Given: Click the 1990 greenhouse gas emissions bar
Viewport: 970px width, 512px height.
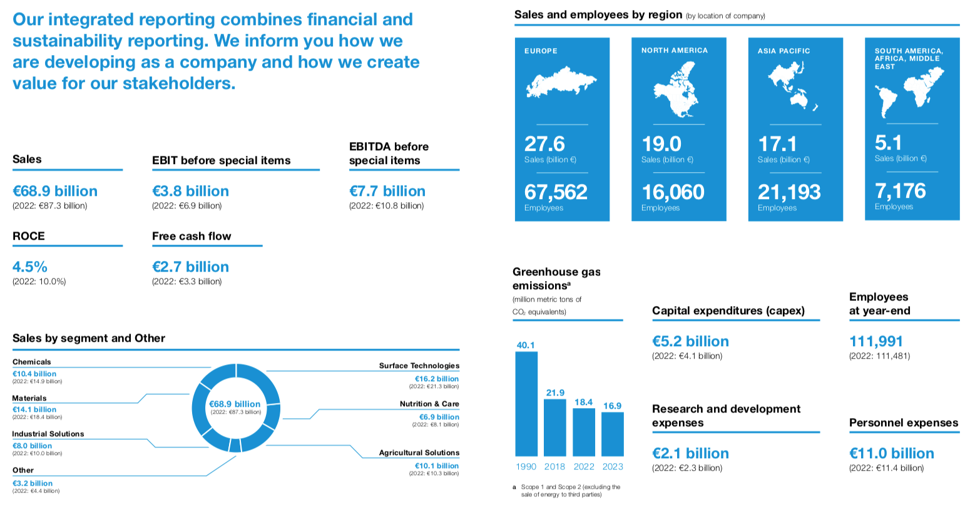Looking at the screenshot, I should point(526,404).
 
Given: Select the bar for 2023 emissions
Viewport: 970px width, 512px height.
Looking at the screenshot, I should point(613,434).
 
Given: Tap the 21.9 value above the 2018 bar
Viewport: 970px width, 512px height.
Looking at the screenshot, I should point(555,393).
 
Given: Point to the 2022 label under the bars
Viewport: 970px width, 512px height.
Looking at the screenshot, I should point(584,466).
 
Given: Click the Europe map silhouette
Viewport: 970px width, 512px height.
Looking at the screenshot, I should point(561,82).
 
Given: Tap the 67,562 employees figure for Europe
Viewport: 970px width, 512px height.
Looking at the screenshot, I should point(556,192).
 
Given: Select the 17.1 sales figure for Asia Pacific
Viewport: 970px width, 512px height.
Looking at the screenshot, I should point(777,145).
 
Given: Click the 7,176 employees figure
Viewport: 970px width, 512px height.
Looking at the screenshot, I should point(900,191).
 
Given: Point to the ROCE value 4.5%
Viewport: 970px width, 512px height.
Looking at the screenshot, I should point(30,267).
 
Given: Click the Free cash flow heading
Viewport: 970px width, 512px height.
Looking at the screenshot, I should point(191,237).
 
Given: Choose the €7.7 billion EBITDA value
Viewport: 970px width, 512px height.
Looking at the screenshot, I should point(387,192).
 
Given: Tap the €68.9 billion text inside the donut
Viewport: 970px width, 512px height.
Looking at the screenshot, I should point(235,404).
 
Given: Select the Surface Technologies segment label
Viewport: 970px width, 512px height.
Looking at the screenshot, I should point(419,366).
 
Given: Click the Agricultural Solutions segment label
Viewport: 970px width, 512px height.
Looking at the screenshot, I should point(419,453).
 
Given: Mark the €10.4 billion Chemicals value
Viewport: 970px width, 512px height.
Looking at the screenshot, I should point(34,374).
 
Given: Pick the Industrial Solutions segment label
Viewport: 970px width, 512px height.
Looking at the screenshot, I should point(48,434).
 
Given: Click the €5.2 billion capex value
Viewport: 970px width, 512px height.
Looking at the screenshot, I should point(690,342).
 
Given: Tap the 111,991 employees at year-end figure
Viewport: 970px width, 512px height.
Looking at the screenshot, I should point(876,342).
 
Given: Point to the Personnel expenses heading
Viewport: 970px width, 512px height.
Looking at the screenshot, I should point(903,423).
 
